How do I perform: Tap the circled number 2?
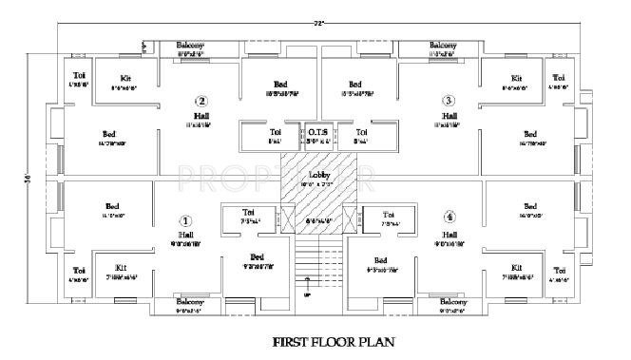coord(201,100)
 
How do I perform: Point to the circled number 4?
coord(449,218)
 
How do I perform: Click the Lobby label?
coord(317,175)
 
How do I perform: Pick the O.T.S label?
coord(316,131)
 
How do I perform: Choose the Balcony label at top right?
coord(443,45)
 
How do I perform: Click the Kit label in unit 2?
coord(125,78)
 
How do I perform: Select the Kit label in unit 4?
coord(517,268)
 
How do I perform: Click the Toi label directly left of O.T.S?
coord(275,131)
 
